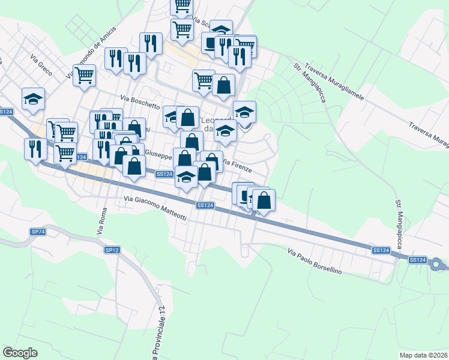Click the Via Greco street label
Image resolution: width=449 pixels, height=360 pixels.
tap(41, 65)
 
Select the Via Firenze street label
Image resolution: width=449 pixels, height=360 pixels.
tap(237, 164)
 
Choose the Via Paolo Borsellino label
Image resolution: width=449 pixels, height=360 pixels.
tap(315, 262)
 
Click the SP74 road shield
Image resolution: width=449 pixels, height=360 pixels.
tap(38, 232)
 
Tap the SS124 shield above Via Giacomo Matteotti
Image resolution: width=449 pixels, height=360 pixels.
tap(205, 206)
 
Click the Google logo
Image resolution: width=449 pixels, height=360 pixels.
tap(20, 353)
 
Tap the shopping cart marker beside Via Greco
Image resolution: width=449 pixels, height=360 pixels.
tap(85, 76)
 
